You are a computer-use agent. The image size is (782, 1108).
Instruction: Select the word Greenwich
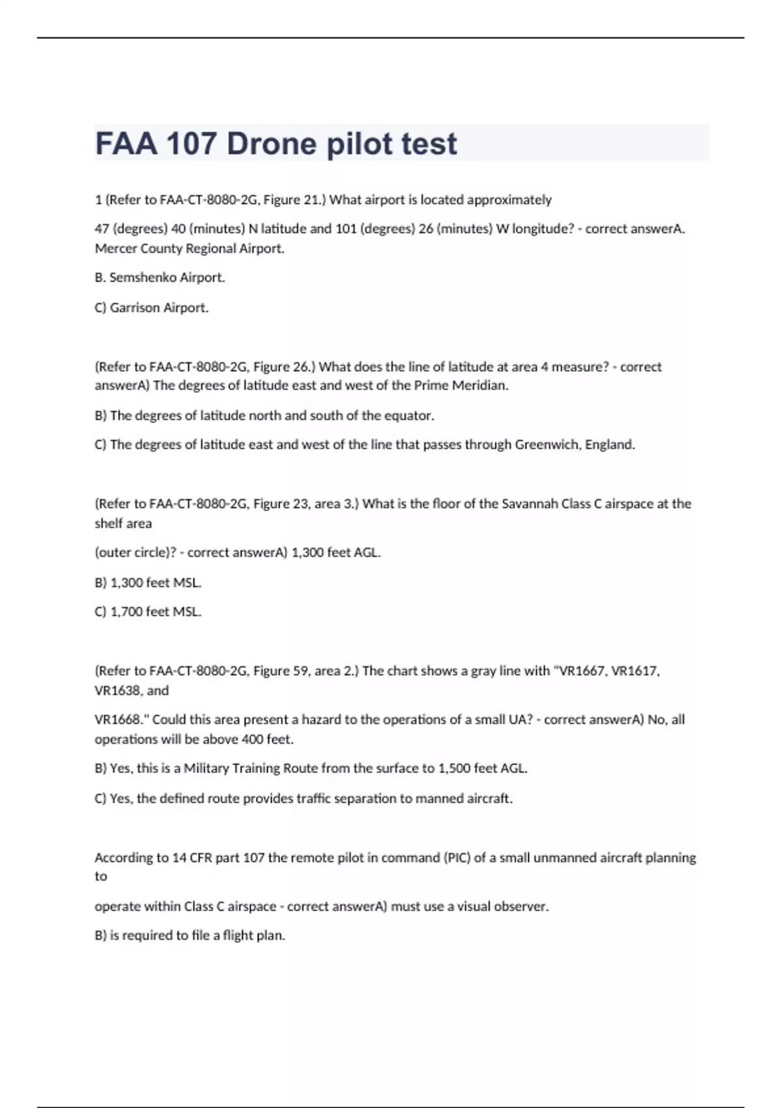tap(547, 445)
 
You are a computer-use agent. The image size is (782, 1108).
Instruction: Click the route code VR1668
tap(119, 720)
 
